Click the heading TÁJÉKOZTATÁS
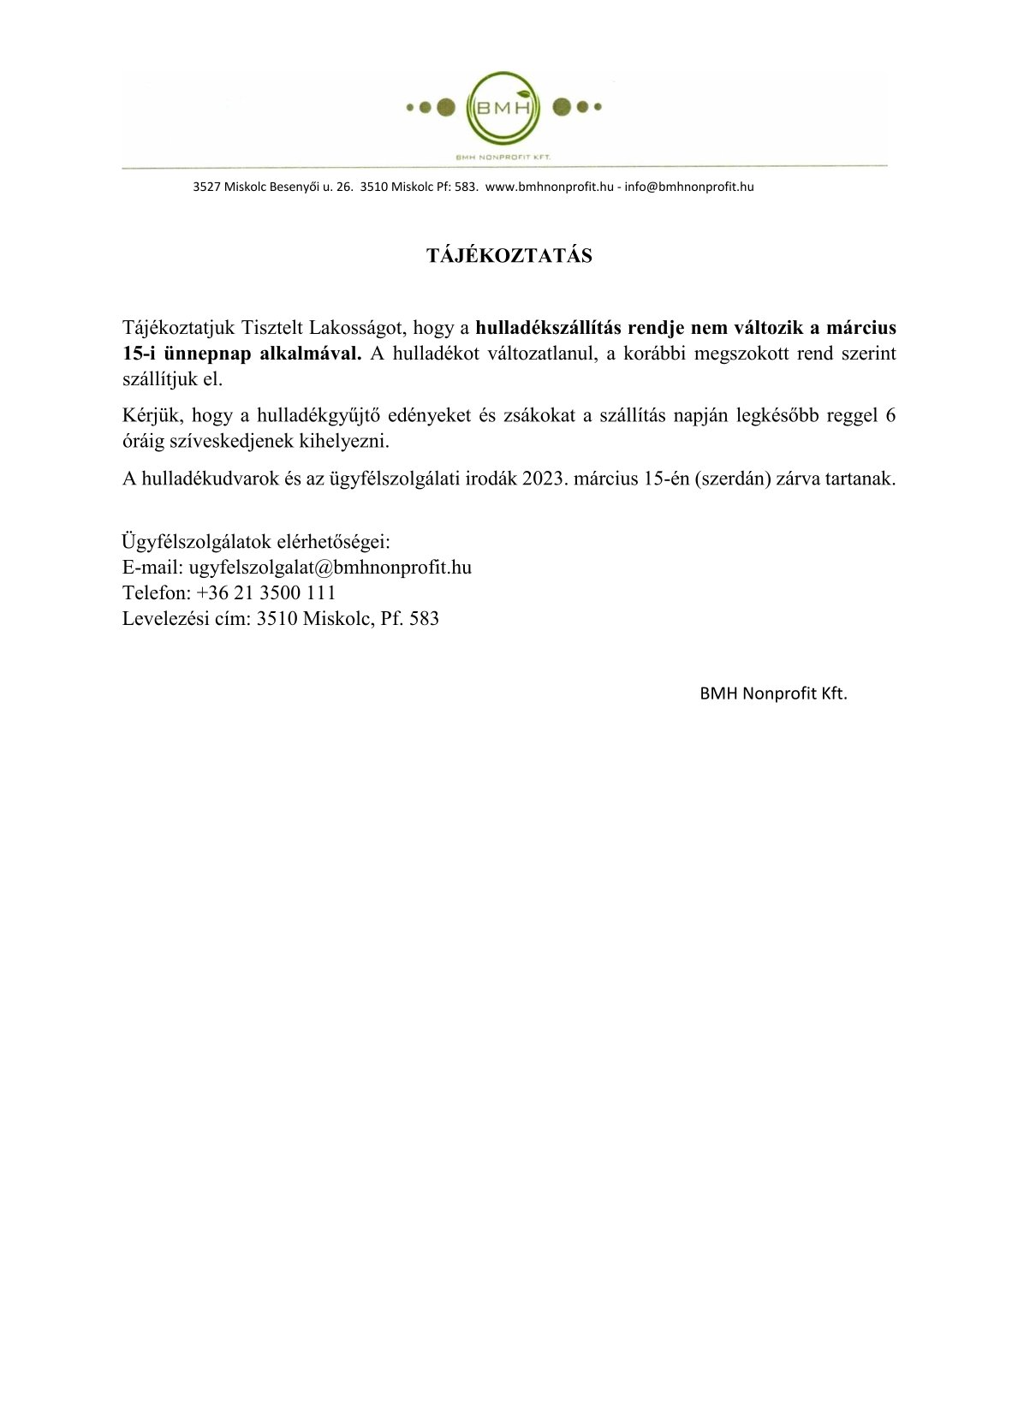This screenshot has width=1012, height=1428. [x=509, y=256]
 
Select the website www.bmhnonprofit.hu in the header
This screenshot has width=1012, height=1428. [x=549, y=187]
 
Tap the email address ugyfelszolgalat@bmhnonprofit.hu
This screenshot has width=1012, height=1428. [x=330, y=567]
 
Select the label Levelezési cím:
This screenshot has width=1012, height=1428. [x=187, y=618]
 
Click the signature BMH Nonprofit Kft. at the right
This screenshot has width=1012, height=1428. [x=773, y=694]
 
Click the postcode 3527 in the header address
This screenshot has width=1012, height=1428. [x=206, y=187]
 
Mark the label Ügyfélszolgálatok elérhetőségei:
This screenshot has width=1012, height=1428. [x=256, y=541]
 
